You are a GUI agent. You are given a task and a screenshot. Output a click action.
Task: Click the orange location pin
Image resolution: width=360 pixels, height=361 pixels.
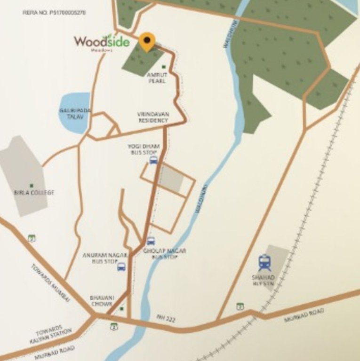coord(147,41)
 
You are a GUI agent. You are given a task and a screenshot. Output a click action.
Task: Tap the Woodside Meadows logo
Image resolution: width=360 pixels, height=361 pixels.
coord(101,42)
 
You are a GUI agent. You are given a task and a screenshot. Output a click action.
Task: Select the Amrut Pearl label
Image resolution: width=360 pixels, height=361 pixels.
coord(156,78)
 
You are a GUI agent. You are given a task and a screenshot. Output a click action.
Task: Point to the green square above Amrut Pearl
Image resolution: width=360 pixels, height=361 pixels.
coord(164,67)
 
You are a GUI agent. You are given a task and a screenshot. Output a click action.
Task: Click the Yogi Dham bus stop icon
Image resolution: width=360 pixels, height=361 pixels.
coord(153,160)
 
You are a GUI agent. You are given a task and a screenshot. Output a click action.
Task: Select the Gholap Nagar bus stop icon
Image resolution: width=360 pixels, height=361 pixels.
coord(151,241)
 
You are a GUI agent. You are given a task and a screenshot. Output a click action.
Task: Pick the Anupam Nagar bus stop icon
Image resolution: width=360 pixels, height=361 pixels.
coord(121,267)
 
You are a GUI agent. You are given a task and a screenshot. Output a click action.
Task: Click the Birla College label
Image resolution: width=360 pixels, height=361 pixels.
coord(34,193)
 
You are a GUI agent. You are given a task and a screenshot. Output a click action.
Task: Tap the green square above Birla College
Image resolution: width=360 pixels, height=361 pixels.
coord(32,186)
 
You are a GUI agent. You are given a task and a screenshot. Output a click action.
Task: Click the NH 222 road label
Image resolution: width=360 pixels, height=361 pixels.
coord(166,319)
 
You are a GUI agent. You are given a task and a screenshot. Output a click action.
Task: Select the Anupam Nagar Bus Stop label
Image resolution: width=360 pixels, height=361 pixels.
coord(99,258)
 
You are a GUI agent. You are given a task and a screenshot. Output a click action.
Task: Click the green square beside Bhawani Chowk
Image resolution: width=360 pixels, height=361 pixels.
coord(121,309)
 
